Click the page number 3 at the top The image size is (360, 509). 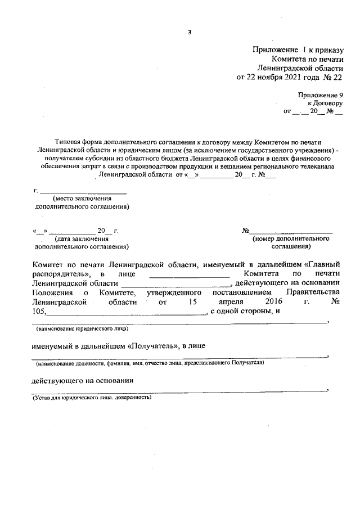click(x=190, y=31)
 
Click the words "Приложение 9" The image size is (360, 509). click(x=320, y=96)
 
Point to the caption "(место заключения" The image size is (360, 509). click(x=82, y=199)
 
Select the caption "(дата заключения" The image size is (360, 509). click(x=81, y=238)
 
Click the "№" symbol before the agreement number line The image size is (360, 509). click(x=245, y=231)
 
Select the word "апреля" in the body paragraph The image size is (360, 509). click(x=218, y=302)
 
